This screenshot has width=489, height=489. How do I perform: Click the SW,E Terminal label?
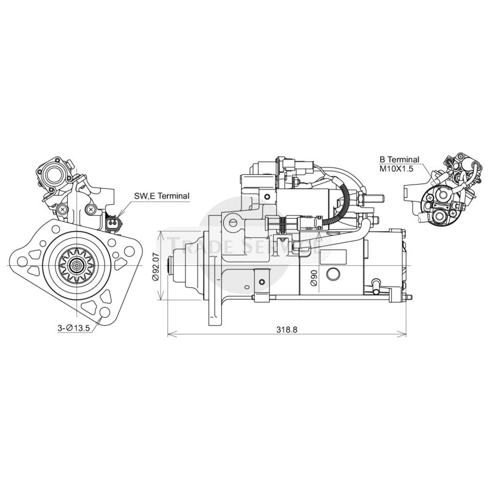[x=161, y=196]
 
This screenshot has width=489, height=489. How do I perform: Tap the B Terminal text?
[x=399, y=160]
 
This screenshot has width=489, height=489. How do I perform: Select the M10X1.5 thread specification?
[x=397, y=168]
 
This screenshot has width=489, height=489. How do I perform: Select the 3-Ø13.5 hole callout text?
[x=74, y=328]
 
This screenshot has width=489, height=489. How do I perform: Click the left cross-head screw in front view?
[x=63, y=209]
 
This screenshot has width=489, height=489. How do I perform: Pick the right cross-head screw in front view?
[x=91, y=209]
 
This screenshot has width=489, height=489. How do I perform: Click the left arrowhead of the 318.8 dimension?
[x=169, y=334]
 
